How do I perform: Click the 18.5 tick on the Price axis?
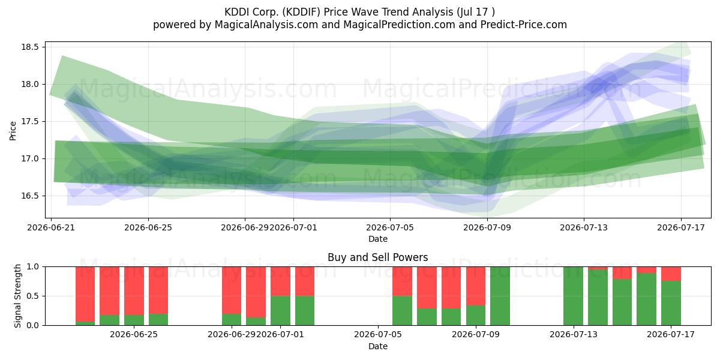29,47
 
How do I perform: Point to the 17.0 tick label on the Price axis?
29,159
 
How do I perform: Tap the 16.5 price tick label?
29,196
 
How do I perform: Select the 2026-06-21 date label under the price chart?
51,228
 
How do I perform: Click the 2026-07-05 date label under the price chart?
390,228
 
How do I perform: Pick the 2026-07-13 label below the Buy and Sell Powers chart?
574,335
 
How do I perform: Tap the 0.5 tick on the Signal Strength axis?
33,296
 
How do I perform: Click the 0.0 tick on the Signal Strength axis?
33,325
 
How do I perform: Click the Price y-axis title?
13,131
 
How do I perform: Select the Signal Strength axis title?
17,296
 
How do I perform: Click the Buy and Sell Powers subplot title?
377,257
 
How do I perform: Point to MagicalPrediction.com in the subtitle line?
399,25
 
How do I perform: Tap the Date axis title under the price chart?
377,239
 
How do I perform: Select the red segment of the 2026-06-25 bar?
134,291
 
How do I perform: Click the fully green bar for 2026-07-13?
574,296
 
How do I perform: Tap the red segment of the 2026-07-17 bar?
671,274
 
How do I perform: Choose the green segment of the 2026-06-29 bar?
232,319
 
